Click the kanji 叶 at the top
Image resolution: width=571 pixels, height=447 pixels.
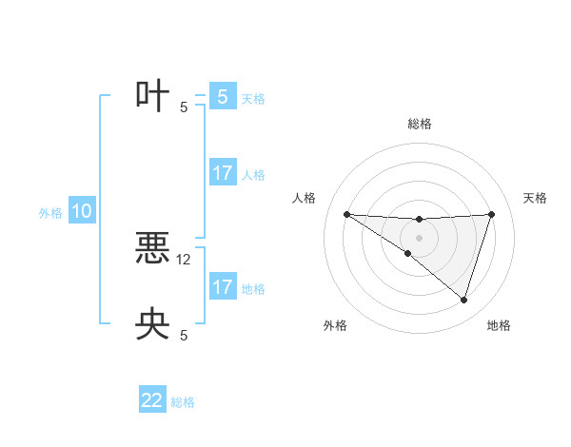coord(152,96)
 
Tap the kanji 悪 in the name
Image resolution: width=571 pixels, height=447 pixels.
coord(152,250)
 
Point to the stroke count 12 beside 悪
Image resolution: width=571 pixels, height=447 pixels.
coord(185,259)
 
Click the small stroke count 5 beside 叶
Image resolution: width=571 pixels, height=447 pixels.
coord(184,107)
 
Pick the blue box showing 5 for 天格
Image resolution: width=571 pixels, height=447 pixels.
coord(222,96)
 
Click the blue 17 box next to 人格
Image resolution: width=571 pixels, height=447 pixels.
coord(222,173)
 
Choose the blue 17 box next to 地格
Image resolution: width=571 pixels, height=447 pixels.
coord(222,287)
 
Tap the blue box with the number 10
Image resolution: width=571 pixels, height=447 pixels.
coord(82,211)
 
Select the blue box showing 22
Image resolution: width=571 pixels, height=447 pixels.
coord(152,400)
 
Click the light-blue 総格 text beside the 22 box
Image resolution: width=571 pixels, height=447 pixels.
coord(183,402)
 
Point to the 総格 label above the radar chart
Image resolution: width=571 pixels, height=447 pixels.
coord(420,124)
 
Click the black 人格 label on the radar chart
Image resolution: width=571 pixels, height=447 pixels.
coord(305,198)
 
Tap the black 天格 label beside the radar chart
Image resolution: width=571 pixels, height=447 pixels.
coord(535,198)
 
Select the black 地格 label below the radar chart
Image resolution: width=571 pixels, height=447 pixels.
coord(499,325)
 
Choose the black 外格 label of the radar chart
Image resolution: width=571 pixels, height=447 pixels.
coord(335,325)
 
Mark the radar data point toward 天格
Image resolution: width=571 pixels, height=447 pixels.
coord(492,214)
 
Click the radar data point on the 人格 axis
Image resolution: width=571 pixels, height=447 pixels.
coord(346,214)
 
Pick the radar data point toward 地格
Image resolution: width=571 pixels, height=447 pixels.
coord(464,300)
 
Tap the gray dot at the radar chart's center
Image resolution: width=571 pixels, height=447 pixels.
coord(419,238)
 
